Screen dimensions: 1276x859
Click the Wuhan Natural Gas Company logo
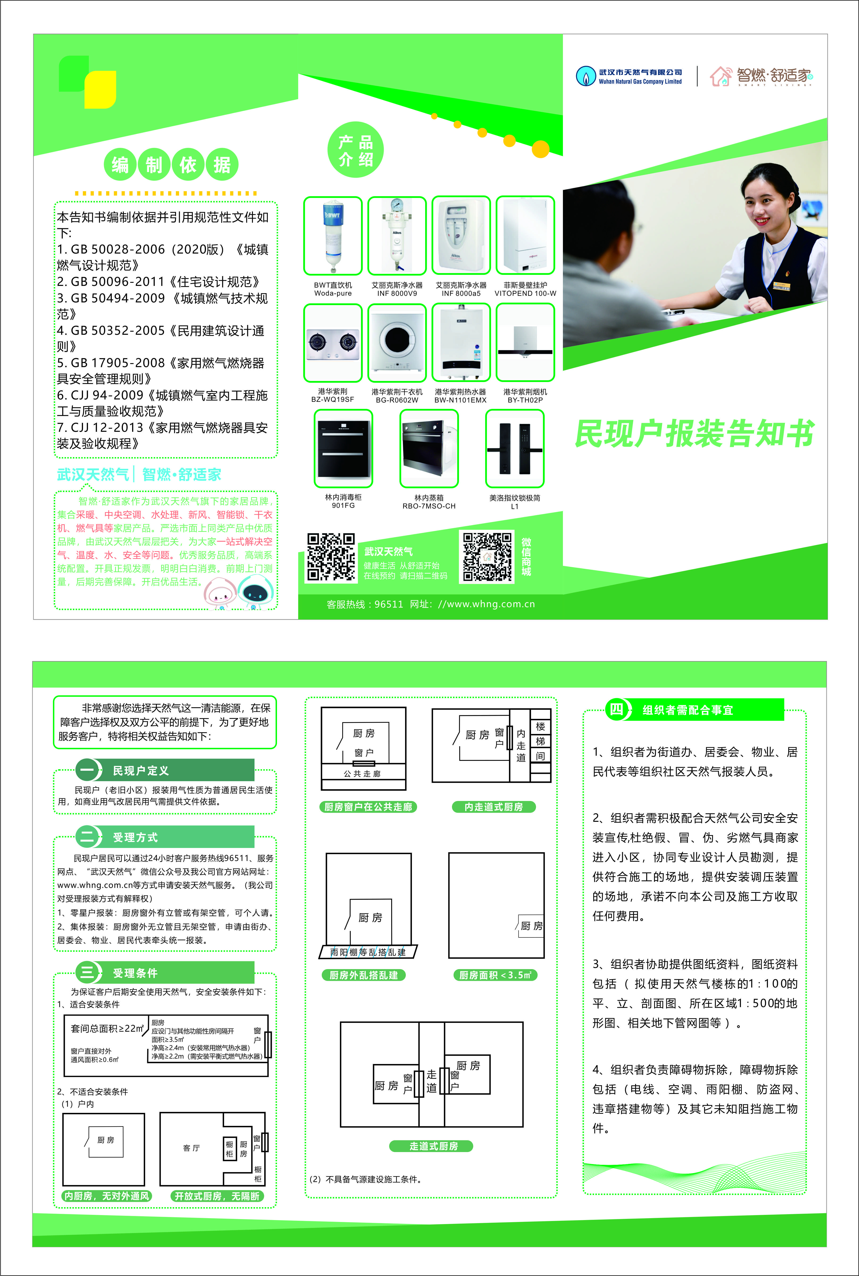point(629,76)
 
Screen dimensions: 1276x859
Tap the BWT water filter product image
point(332,236)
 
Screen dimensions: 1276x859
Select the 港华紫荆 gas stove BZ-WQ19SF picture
point(332,343)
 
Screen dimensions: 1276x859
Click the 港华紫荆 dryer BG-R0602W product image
point(397,343)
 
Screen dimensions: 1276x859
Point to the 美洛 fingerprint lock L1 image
point(514,448)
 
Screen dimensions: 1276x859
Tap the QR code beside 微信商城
point(486,556)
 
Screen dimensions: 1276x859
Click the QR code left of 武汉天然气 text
point(330,556)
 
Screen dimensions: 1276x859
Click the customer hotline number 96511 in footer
point(388,604)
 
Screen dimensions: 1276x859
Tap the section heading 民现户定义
point(141,771)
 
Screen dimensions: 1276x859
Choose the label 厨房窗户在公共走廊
point(368,807)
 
